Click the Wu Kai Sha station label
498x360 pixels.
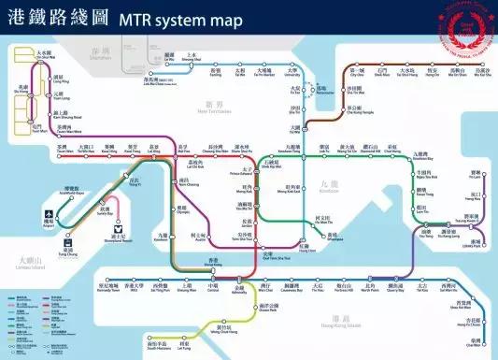pos(479,73)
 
